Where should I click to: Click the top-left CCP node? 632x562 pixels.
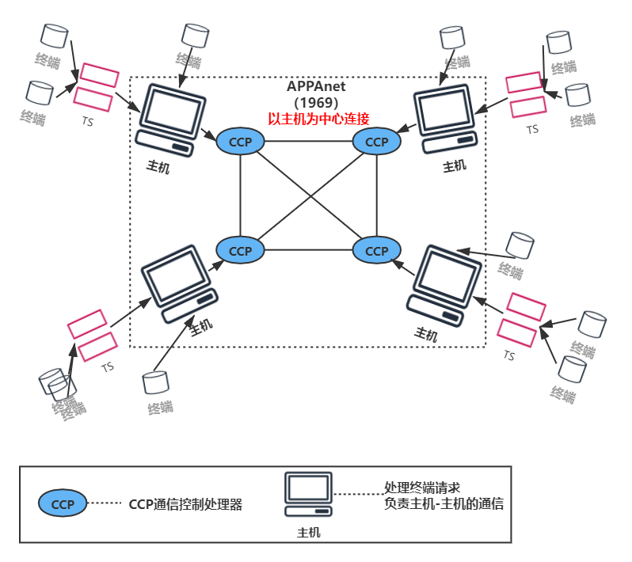coord(240,142)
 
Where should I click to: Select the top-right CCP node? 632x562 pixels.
coord(376,142)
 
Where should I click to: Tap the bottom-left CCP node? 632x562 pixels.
coord(240,250)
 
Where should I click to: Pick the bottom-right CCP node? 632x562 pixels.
coord(376,250)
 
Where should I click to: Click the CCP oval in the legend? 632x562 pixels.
coord(63,503)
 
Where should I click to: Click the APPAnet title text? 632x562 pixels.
coord(316,87)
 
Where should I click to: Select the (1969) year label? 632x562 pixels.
coord(316,103)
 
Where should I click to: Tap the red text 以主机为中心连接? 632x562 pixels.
coord(318,119)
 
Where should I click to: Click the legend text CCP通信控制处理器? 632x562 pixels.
coord(185,504)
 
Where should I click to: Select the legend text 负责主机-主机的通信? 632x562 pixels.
coord(444,504)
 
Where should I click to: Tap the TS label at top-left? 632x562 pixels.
coord(88,122)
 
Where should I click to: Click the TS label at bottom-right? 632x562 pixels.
coord(509,356)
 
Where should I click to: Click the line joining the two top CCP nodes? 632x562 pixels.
coord(308,142)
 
